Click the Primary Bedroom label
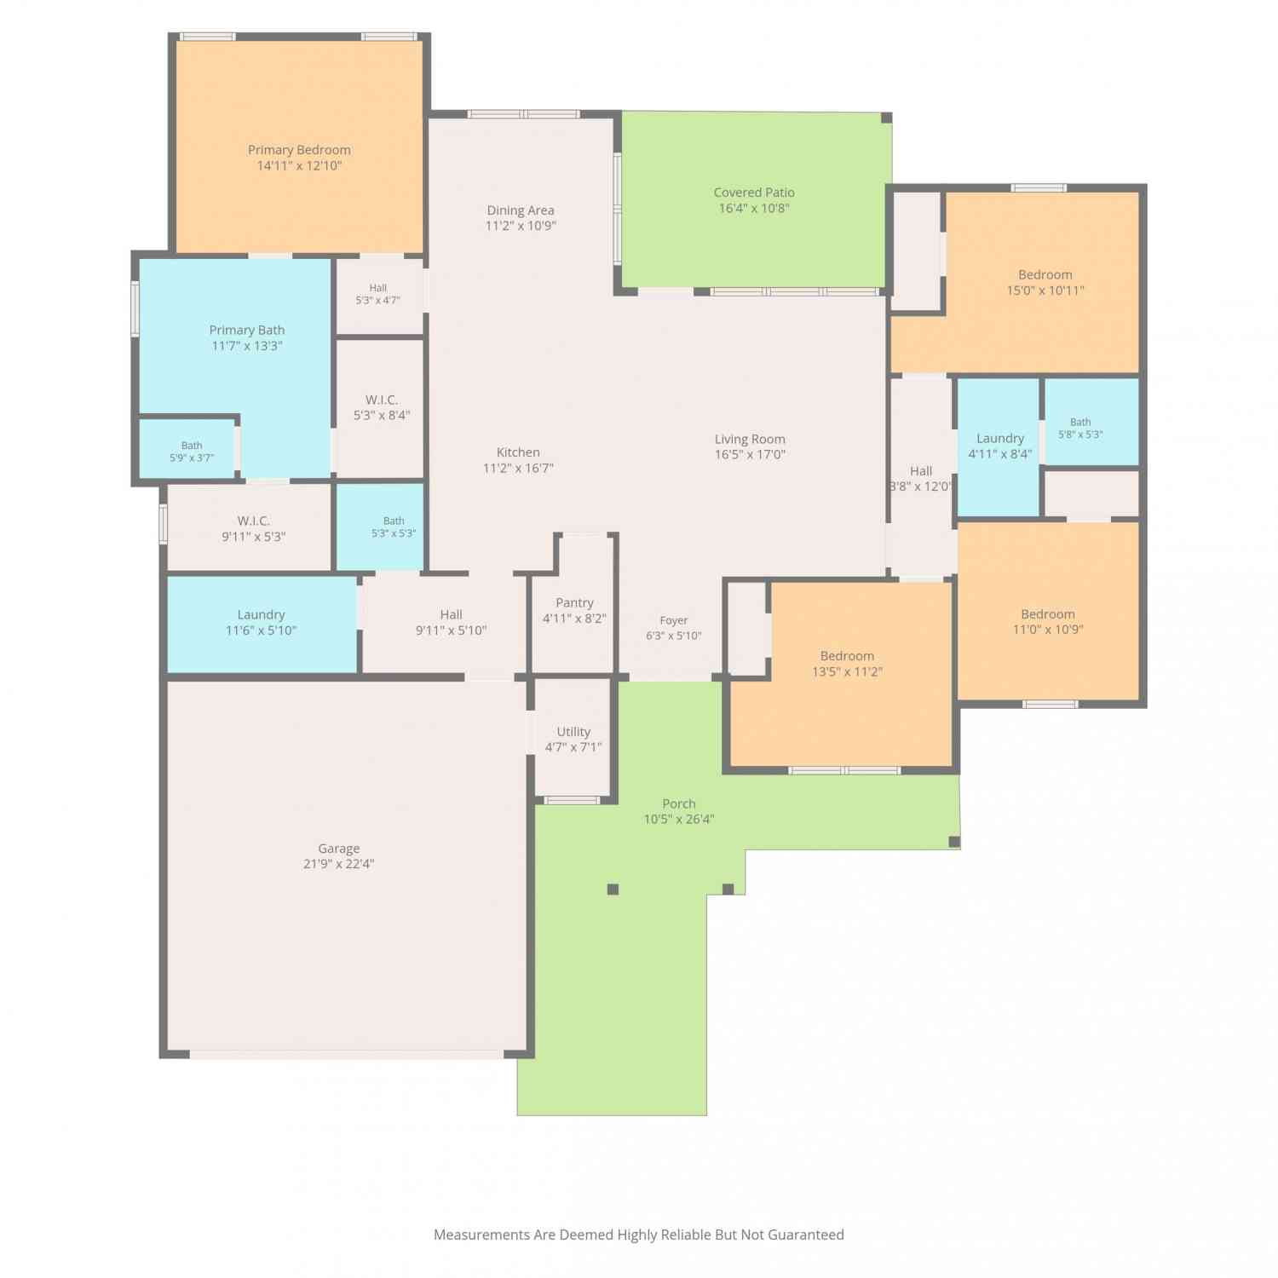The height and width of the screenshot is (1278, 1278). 299,150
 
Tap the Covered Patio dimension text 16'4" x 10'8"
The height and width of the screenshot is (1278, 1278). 754,208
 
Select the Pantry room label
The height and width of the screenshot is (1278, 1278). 574,602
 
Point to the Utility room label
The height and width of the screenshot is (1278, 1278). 573,732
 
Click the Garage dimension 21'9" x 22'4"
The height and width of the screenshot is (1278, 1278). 339,864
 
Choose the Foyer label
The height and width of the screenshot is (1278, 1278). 673,620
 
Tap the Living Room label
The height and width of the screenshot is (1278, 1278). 750,440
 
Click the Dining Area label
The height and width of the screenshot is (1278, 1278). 521,210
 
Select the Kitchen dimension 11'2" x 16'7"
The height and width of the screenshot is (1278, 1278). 518,468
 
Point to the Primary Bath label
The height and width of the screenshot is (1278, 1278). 247,331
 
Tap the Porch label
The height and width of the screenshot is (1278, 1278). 679,804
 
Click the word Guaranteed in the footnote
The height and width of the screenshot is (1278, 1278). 806,1235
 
